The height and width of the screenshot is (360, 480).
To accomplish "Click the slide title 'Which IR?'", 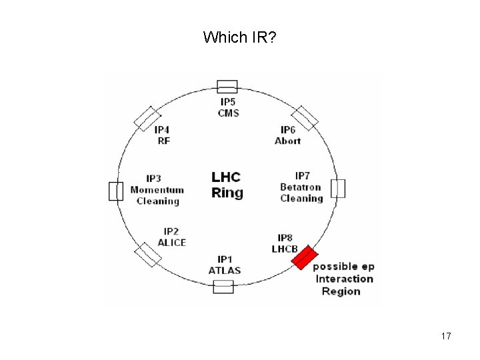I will tap(240, 37).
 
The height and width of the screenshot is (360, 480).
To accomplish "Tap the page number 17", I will tap(446, 336).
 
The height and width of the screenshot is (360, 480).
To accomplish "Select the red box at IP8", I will tap(305, 257).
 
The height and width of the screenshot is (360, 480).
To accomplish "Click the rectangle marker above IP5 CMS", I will tap(227, 87).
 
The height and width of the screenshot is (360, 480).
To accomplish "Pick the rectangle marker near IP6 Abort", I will tap(305, 118).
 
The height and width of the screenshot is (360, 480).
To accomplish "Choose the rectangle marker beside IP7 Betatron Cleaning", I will tap(338, 189).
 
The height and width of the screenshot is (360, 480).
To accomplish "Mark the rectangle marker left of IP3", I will tap(116, 191).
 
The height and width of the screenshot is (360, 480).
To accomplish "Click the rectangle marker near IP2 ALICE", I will tap(148, 254).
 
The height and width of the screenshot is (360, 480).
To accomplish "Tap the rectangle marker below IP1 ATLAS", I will tap(223, 287).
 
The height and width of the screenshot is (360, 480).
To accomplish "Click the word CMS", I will tap(227, 113).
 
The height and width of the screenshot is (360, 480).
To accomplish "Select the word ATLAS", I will tap(225, 271).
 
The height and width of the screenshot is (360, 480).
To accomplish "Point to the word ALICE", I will tap(171, 243).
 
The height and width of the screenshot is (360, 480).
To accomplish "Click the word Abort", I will tap(288, 141).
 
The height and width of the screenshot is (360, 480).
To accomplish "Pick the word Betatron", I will tap(301, 187).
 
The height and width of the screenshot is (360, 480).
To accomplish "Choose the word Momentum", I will tap(157, 189).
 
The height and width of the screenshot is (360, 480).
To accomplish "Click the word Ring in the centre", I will tap(227, 193).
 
